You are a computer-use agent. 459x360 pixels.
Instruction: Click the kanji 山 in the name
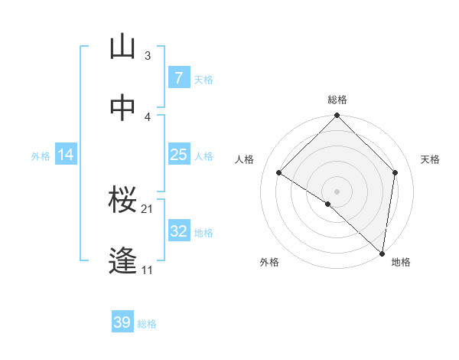tap(123, 48)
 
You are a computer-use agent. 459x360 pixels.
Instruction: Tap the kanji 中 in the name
tap(123, 109)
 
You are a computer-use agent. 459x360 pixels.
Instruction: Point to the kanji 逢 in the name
tap(123, 261)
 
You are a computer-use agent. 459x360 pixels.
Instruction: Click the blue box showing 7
tap(178, 78)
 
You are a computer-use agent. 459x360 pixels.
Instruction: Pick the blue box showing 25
tap(178, 155)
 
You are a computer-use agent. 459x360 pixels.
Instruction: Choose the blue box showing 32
tap(178, 231)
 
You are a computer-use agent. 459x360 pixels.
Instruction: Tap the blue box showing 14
tap(66, 155)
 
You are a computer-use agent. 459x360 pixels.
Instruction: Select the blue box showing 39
tap(122, 322)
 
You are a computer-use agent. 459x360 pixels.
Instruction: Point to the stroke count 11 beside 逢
tap(148, 270)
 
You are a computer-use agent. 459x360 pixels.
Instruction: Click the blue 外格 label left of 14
tap(41, 155)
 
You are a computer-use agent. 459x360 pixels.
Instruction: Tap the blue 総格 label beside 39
tap(147, 324)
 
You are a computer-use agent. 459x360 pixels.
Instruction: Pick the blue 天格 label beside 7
tap(203, 79)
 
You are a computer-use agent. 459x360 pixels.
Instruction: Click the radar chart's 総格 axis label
tap(337, 100)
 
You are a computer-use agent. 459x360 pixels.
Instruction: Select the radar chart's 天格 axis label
tap(430, 159)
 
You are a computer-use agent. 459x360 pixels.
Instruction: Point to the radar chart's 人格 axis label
tap(245, 159)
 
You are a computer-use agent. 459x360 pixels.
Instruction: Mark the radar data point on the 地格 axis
tap(382, 254)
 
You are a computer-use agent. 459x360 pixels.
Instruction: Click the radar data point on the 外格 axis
tap(328, 204)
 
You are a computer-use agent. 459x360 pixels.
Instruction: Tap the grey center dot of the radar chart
tap(337, 191)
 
